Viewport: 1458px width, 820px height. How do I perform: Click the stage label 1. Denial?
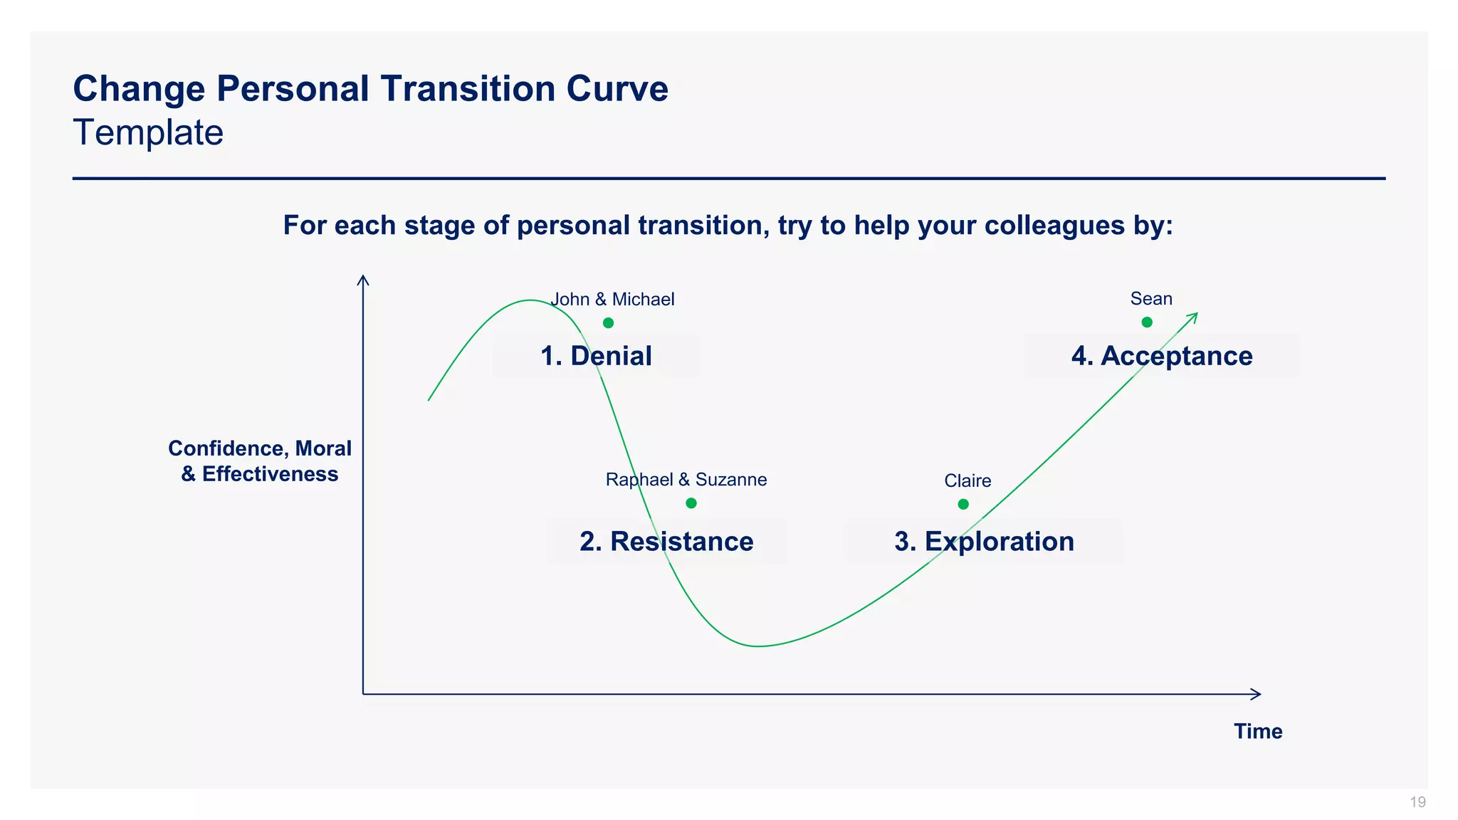tap(596, 356)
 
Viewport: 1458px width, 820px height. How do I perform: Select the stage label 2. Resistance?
tap(666, 542)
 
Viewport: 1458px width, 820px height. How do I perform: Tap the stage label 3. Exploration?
tap(984, 542)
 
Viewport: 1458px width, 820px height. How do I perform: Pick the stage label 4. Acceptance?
tap(1162, 356)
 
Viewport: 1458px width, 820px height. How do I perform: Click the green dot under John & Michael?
tap(608, 323)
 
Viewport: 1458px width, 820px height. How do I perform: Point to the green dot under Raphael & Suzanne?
tap(691, 503)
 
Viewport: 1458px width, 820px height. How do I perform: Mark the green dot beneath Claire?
tap(963, 504)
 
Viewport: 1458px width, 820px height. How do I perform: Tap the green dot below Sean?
tap(1147, 322)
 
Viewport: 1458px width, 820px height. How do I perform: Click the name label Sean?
tap(1151, 299)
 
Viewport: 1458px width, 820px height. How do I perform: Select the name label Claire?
tap(967, 481)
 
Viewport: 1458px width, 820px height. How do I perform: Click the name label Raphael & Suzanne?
tap(686, 480)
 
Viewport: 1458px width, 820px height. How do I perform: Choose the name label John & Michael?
tap(612, 300)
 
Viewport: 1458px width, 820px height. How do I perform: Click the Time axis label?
tap(1258, 732)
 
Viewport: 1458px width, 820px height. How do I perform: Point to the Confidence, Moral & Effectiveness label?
tap(260, 461)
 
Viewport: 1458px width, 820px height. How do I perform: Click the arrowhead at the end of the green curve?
tap(1195, 316)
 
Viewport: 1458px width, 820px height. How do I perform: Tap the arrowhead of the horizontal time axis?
tap(1257, 694)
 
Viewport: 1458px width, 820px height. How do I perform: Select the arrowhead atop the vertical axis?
tap(363, 280)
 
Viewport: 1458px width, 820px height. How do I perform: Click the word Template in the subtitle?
tap(148, 133)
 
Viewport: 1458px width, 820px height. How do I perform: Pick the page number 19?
tap(1417, 802)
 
